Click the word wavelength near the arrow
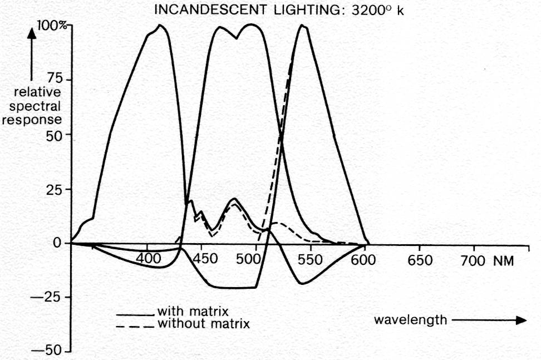410,319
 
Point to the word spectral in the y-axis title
38,106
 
